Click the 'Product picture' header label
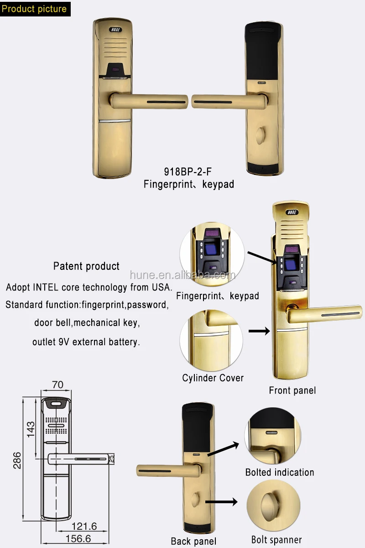[x=34, y=8]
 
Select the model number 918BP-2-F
[x=188, y=172]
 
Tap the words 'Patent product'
[x=86, y=266]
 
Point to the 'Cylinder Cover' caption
[x=213, y=378]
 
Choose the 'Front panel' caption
[x=292, y=390]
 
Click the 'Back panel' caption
[x=193, y=541]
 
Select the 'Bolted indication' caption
[x=280, y=472]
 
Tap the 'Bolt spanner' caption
[x=276, y=540]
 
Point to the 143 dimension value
[x=31, y=430]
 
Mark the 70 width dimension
[x=57, y=385]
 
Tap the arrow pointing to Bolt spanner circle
[x=222, y=502]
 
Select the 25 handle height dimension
[x=111, y=458]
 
